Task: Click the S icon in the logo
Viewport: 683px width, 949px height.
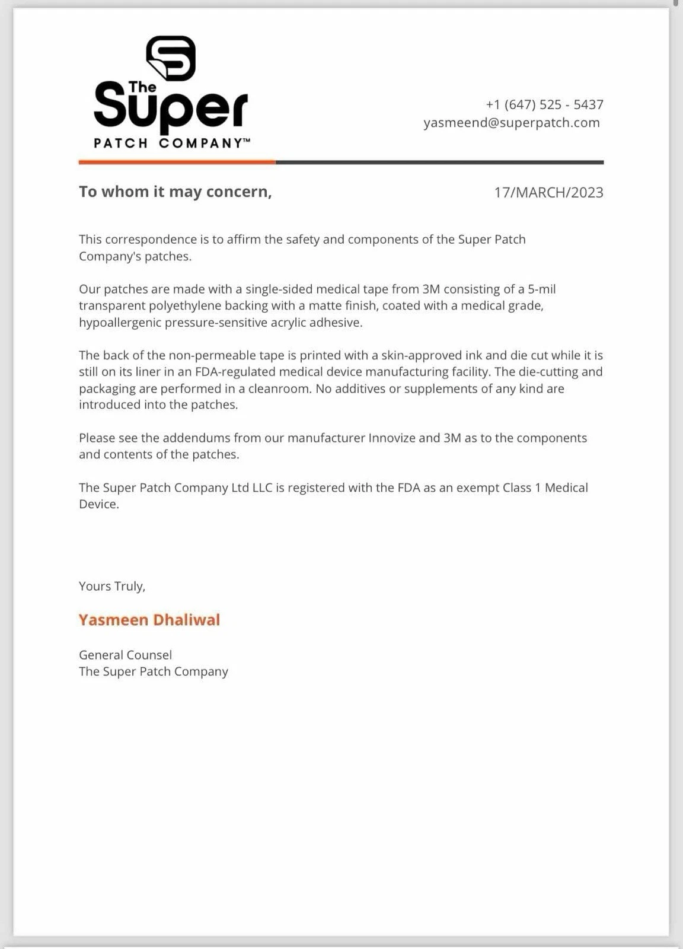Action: click(171, 58)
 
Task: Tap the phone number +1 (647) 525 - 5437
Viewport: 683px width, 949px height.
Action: click(544, 105)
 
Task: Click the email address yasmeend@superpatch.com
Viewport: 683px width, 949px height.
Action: click(511, 123)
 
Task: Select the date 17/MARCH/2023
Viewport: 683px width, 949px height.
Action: click(548, 193)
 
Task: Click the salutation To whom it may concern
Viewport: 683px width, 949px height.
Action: click(175, 192)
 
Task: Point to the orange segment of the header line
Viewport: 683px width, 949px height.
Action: click(177, 161)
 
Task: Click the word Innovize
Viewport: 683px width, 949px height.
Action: click(392, 438)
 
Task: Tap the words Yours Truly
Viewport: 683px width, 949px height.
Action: click(112, 586)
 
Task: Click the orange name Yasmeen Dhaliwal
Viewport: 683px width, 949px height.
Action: click(149, 620)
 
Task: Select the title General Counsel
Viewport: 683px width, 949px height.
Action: click(125, 655)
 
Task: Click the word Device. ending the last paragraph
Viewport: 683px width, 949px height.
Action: click(99, 504)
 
